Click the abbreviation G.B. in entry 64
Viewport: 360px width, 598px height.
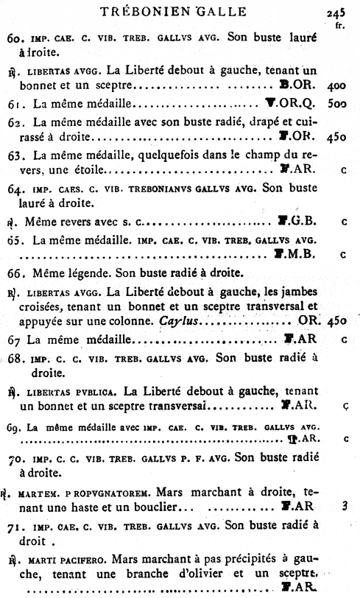click(x=303, y=220)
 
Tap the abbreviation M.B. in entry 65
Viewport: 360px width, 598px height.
click(x=303, y=255)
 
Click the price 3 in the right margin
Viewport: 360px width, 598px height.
click(x=344, y=507)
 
